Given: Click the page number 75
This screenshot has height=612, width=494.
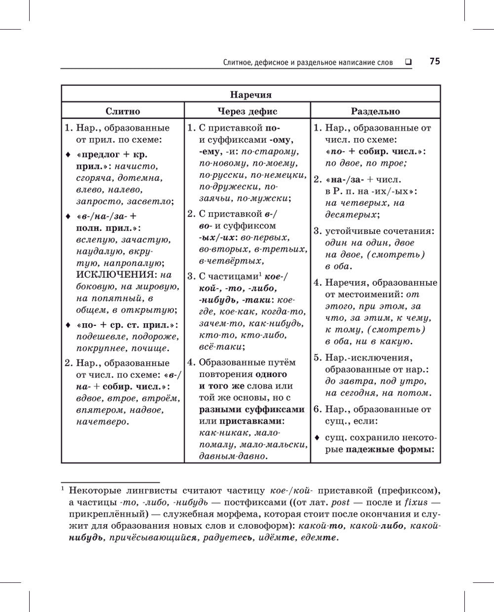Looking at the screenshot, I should [x=434, y=61].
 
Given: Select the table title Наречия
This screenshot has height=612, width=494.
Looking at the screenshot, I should [x=250, y=95].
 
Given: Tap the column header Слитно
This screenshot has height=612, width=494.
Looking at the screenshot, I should [x=123, y=111].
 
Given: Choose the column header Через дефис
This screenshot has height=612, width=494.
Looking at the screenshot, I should [x=247, y=111].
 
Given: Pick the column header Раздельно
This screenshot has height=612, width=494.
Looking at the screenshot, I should [x=375, y=111].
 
